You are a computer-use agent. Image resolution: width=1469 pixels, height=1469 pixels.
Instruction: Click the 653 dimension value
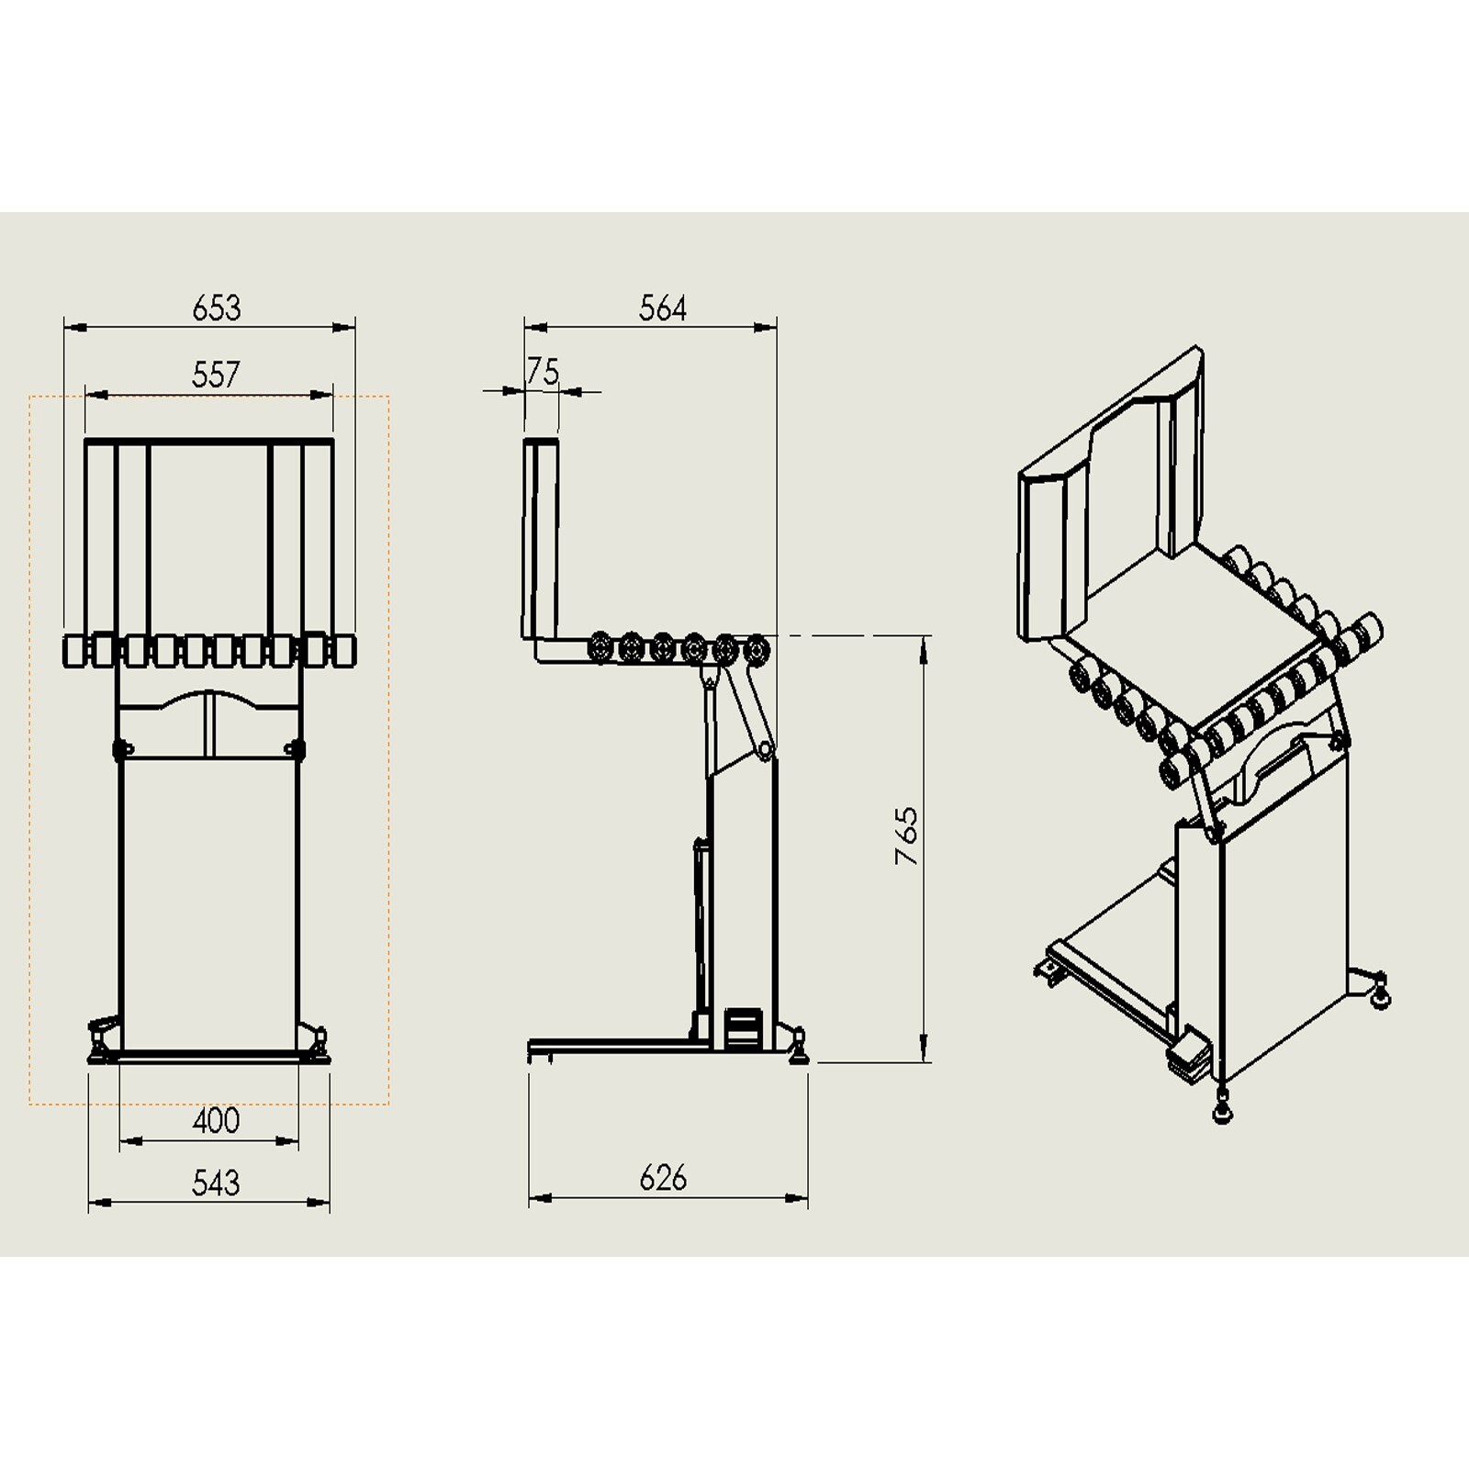(x=217, y=308)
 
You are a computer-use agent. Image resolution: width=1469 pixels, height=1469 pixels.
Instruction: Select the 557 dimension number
(x=216, y=375)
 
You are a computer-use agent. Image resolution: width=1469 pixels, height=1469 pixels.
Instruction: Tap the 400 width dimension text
(x=216, y=1120)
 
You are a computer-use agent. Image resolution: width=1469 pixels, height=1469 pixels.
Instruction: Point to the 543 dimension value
(x=216, y=1183)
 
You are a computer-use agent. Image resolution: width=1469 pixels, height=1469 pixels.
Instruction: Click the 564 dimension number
(x=663, y=308)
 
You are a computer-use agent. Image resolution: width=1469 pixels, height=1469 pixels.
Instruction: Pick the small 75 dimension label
(x=543, y=372)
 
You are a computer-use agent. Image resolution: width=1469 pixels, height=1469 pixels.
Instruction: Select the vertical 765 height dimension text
(x=906, y=835)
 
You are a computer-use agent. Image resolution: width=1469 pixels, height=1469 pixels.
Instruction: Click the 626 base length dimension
(x=663, y=1178)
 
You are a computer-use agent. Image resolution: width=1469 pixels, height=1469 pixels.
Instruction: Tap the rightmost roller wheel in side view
(x=757, y=649)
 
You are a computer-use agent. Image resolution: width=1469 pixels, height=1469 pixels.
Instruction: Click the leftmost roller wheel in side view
(x=601, y=647)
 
